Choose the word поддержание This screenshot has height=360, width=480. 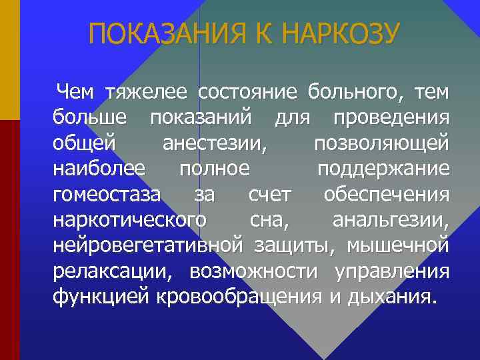point(383,169)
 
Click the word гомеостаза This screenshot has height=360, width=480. point(107,195)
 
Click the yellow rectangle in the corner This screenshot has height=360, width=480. point(9,59)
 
